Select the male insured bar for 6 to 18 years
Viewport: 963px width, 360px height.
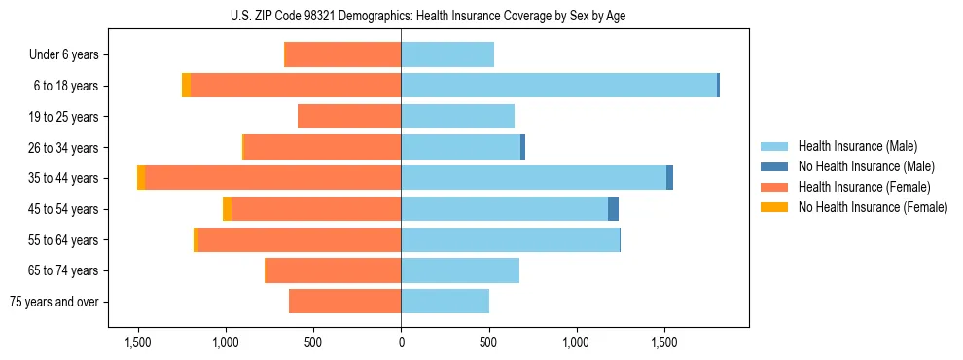[x=558, y=86]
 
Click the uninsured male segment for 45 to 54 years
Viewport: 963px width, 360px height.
[x=613, y=209]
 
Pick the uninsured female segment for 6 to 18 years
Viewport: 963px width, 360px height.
[x=186, y=86]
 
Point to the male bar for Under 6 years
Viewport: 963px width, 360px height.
[x=447, y=55]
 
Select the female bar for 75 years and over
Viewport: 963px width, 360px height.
[x=344, y=302]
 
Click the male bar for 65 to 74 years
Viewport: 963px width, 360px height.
[x=460, y=270]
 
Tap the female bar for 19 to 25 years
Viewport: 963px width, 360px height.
[x=349, y=117]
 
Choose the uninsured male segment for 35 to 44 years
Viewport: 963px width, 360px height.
[x=669, y=178]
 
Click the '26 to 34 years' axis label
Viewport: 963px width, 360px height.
[x=64, y=148]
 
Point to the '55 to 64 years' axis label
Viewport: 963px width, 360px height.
[x=64, y=240]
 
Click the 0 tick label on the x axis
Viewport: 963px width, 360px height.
[x=401, y=342]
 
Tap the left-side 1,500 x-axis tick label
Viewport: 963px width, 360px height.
[x=137, y=342]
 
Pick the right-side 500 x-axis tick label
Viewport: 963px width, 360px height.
[x=488, y=342]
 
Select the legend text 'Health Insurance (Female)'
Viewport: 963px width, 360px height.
[x=864, y=187]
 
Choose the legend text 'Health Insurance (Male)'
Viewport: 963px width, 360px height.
[x=857, y=146]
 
